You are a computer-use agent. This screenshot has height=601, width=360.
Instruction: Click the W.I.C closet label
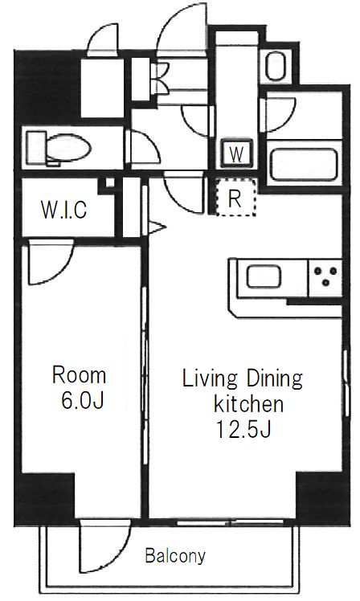(x=64, y=209)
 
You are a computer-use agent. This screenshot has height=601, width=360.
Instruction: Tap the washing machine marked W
(x=236, y=153)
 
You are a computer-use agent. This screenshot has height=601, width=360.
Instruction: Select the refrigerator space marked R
(x=235, y=198)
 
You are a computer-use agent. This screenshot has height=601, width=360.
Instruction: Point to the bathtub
(x=304, y=165)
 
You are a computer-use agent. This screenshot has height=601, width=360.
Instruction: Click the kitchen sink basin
(x=264, y=276)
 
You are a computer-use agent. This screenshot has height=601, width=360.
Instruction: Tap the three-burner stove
(x=325, y=276)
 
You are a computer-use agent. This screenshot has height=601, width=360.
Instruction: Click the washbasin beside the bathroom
(x=276, y=66)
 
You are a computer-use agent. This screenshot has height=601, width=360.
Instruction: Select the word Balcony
(x=175, y=555)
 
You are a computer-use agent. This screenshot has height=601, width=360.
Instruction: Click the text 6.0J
(x=83, y=401)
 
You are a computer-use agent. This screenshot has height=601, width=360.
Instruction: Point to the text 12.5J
(x=243, y=429)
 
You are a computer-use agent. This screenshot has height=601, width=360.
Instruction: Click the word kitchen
(x=248, y=404)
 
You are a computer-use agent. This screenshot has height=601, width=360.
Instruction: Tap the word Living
(x=210, y=378)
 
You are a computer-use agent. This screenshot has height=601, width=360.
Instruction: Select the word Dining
(x=274, y=378)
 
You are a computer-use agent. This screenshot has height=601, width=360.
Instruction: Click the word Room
(x=79, y=375)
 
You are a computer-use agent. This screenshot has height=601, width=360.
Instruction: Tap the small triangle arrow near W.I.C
(x=157, y=227)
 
